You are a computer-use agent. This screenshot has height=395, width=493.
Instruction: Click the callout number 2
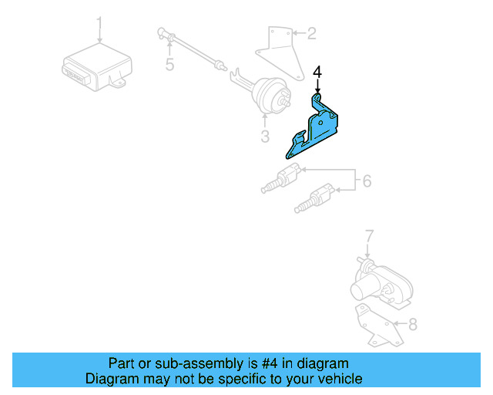pos(311,33)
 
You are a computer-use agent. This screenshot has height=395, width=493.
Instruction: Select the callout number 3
pos(264,138)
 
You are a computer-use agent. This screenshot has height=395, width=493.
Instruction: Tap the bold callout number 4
pos(317,73)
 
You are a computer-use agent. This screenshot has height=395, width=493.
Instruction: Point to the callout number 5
pos(169,65)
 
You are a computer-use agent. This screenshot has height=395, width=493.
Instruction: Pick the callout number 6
pos(367,181)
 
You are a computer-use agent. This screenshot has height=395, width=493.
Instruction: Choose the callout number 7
pos(369,235)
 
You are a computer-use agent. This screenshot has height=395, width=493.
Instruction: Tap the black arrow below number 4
pos(317,87)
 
